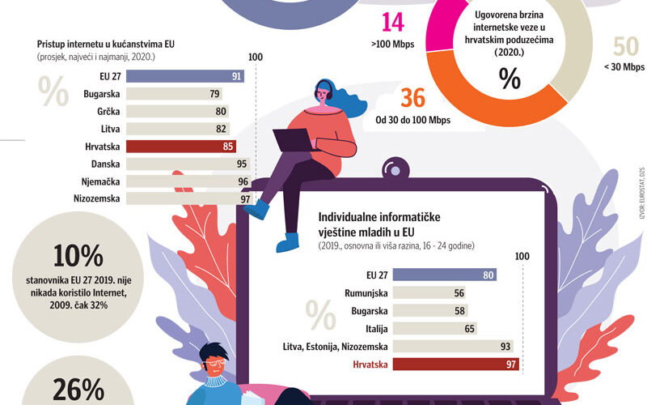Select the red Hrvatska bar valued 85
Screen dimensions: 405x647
pyautogui.click(x=170, y=147)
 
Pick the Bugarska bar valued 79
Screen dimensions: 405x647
pyautogui.click(x=162, y=94)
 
